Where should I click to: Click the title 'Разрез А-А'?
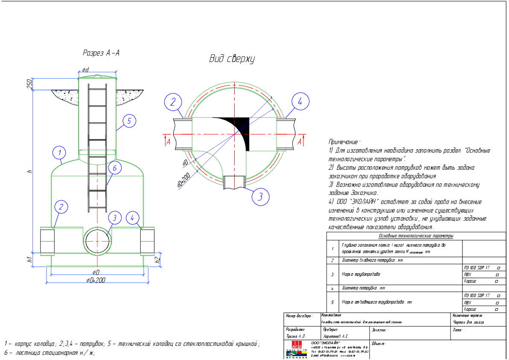[101, 53]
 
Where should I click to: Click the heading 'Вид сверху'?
[232, 59]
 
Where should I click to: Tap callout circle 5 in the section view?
[129, 121]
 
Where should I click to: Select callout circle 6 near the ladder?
[115, 168]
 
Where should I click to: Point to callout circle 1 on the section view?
[60, 153]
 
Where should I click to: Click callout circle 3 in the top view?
[260, 197]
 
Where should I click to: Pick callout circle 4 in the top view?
[300, 102]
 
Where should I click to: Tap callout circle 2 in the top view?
[173, 102]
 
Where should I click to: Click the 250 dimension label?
[29, 84]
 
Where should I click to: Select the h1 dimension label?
[29, 258]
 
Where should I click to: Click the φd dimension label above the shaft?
[85, 70]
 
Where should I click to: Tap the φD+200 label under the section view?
[96, 280]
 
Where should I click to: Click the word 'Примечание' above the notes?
[344, 142]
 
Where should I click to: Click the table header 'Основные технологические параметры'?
[415, 236]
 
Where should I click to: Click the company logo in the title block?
[296, 349]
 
